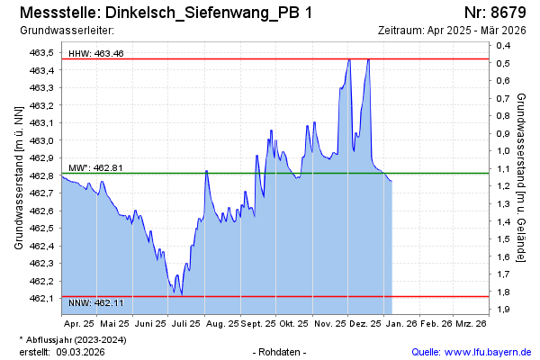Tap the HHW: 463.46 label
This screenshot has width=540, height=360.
(96, 54)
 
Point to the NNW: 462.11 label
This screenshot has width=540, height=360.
(96, 303)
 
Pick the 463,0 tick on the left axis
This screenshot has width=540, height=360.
(42, 140)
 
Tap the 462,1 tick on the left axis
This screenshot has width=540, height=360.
(42, 298)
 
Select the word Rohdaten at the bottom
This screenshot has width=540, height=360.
(281, 352)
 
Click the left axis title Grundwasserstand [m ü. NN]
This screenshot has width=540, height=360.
(18, 177)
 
